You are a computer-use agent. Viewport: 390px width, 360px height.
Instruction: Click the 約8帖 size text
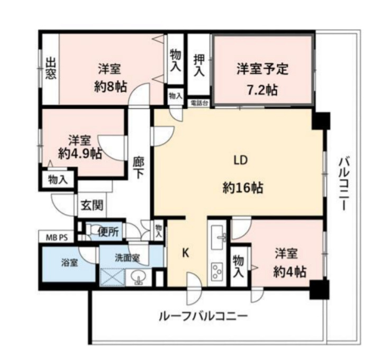click(110, 87)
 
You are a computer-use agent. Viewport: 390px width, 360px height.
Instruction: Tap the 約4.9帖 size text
click(80, 154)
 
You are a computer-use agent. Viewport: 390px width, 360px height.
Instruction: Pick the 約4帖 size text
click(289, 271)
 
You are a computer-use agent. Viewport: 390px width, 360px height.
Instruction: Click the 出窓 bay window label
click(50, 68)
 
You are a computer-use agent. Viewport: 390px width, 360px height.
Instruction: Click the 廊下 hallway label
click(139, 167)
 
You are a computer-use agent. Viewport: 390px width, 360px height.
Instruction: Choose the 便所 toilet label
click(108, 231)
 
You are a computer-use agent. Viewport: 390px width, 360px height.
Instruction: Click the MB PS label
click(56, 237)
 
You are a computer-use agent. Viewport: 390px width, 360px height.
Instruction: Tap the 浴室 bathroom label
click(69, 262)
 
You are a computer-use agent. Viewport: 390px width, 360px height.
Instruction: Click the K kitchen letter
click(186, 253)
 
